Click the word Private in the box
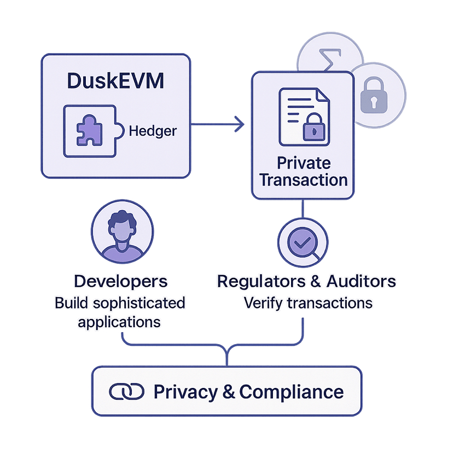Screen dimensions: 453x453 click(304, 163)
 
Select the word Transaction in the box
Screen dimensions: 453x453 click(304, 180)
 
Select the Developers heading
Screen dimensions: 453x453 click(120, 281)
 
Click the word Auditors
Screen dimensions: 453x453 click(361, 281)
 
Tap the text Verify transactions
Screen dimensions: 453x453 click(308, 303)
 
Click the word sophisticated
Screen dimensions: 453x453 click(145, 303)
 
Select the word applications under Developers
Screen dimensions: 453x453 click(119, 321)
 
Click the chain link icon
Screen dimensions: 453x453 click(126, 392)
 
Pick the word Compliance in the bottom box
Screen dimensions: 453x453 click(292, 392)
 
